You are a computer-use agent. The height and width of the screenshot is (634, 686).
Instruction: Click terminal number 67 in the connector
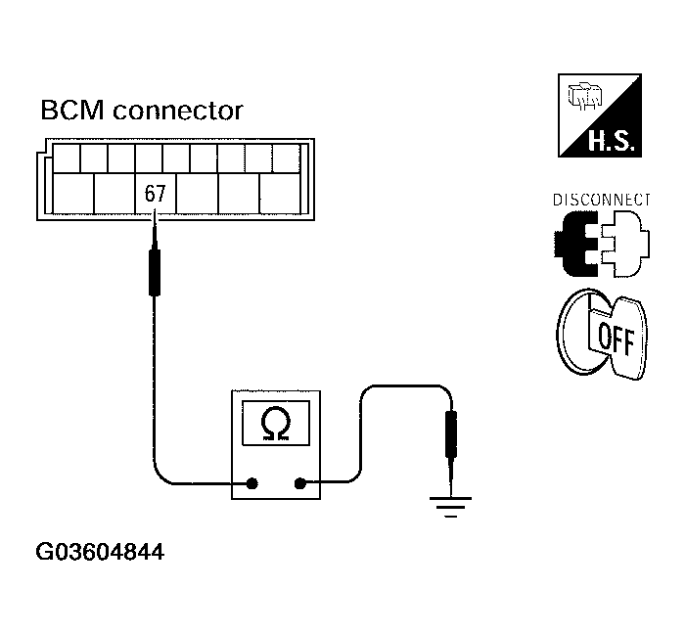[155, 194]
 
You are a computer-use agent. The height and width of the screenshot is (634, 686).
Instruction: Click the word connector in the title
[178, 111]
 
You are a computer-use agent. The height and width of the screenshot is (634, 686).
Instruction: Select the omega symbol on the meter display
[277, 424]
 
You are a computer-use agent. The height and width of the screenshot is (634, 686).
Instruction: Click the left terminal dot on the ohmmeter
[252, 482]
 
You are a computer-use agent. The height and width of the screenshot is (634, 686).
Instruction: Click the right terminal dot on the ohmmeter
[300, 482]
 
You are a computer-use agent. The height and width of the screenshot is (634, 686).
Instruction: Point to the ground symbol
[451, 507]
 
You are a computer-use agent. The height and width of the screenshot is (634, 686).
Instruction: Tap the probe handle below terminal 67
[154, 271]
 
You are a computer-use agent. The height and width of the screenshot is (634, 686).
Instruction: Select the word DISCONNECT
[600, 199]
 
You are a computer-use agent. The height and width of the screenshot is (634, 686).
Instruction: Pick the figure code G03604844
[100, 553]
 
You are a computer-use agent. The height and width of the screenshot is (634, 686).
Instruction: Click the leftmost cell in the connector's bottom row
[72, 194]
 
